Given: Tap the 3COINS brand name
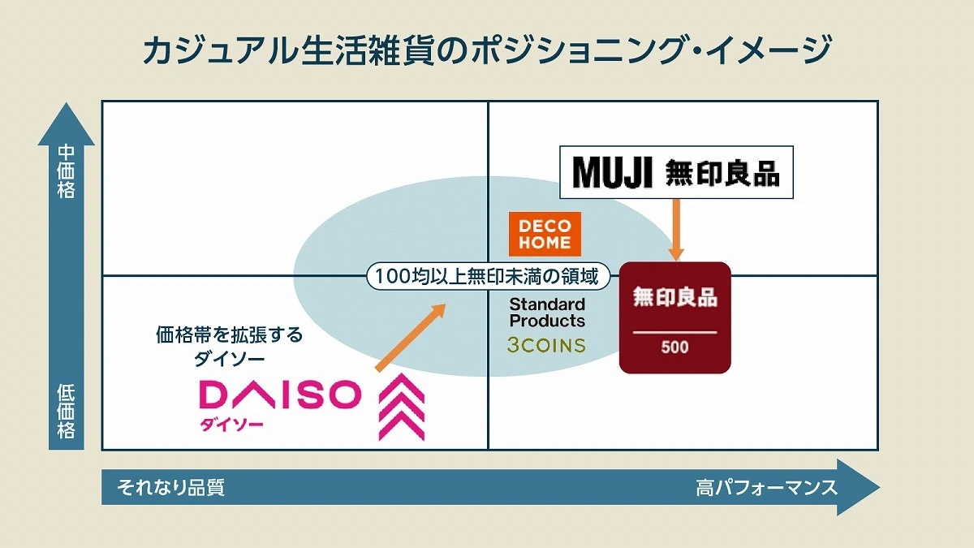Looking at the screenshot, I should (x=545, y=345).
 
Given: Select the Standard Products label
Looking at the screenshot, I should (x=546, y=312).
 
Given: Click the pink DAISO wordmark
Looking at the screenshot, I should (x=279, y=395).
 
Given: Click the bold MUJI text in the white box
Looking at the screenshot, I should (x=612, y=173).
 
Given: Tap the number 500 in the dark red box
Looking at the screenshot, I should (x=674, y=347).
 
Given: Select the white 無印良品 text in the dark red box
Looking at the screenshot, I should (x=674, y=297).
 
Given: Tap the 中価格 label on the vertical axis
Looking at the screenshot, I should (x=66, y=171).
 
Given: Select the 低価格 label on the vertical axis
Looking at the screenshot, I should (x=66, y=411).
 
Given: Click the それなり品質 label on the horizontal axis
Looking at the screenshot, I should (x=170, y=487).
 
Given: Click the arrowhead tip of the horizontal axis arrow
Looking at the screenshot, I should (x=873, y=487).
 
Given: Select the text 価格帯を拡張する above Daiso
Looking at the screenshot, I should (x=229, y=334).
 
